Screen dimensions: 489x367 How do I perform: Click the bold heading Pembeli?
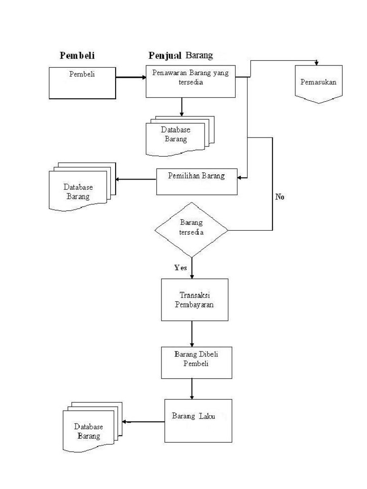pyautogui.click(x=77, y=56)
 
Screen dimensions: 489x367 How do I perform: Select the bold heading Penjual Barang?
pyautogui.click(x=181, y=55)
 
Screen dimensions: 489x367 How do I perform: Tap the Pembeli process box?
pyautogui.click(x=82, y=83)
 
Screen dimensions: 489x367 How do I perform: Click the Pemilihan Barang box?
pyautogui.click(x=197, y=181)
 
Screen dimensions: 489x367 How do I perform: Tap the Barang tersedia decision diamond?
pyautogui.click(x=191, y=229)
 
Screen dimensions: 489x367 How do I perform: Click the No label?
pyautogui.click(x=280, y=197)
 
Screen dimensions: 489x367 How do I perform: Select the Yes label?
pyautogui.click(x=181, y=268)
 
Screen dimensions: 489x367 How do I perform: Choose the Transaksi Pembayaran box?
pyautogui.click(x=194, y=299)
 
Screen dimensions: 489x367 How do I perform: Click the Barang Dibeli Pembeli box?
pyautogui.click(x=196, y=362)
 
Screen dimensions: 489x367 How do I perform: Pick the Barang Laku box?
pyautogui.click(x=198, y=420)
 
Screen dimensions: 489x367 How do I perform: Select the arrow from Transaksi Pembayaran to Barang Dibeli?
pyautogui.click(x=192, y=333)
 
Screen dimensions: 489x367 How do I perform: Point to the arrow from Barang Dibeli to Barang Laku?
pyautogui.click(x=192, y=388)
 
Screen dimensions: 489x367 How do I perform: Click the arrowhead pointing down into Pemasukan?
pyautogui.click(x=316, y=63)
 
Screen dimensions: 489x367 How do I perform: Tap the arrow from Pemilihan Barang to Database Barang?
pyautogui.click(x=136, y=180)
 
